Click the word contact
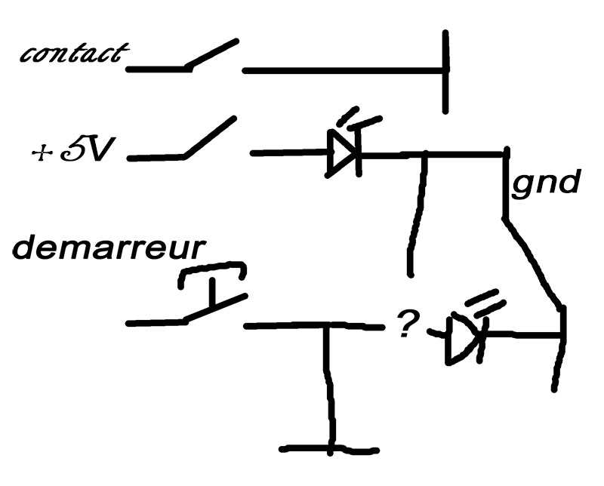(x=74, y=54)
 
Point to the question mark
(x=408, y=325)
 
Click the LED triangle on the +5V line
(x=342, y=154)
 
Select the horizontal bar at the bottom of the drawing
(x=328, y=450)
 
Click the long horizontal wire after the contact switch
(x=344, y=72)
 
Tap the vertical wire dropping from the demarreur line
(x=328, y=385)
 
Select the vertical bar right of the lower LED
(x=560, y=347)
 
